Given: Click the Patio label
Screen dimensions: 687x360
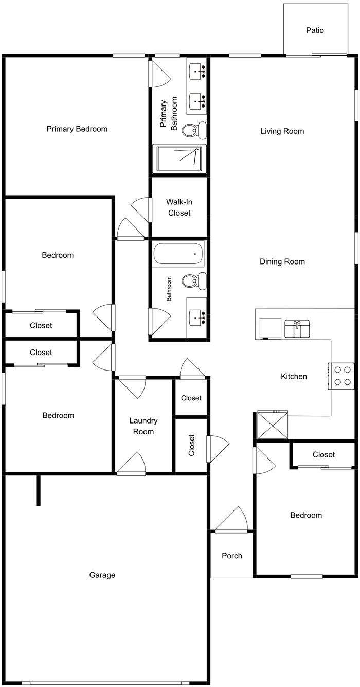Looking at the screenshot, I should [315, 30].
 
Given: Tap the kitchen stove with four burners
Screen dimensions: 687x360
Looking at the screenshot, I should [341, 376].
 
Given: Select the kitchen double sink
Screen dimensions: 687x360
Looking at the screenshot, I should [297, 329].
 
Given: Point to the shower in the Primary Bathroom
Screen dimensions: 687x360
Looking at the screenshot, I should [181, 158].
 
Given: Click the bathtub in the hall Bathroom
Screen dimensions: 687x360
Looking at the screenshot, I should [178, 253].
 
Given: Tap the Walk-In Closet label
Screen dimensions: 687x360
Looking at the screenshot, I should [179, 207].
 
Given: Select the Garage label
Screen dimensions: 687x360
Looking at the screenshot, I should [102, 575].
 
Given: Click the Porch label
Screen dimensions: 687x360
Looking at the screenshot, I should [231, 555].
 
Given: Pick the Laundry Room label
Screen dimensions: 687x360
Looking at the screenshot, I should [143, 426].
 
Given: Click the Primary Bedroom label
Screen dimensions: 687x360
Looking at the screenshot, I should [77, 129].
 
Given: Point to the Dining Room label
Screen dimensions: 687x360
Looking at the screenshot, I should [282, 261].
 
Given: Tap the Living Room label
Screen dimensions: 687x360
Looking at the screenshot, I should [282, 131].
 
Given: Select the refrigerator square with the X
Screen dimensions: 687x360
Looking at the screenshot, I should [273, 425].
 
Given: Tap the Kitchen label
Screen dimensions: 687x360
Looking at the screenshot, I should [294, 376].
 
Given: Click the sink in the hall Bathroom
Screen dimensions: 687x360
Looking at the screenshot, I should [197, 318].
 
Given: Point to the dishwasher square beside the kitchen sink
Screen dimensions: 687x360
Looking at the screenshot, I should [269, 329].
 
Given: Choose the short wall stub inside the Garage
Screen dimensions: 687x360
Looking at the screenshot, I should [38, 490].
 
